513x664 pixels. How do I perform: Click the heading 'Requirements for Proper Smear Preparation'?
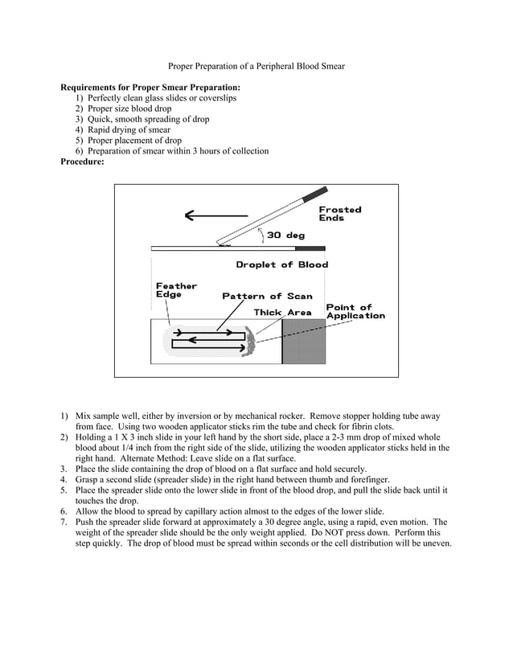pyautogui.click(x=150, y=87)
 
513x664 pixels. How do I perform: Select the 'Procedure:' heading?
pyautogui.click(x=82, y=162)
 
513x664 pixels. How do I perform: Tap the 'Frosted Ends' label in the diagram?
pyautogui.click(x=339, y=214)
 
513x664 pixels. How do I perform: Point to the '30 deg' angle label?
pyautogui.click(x=285, y=236)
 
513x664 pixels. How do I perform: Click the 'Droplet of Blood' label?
pyautogui.click(x=281, y=264)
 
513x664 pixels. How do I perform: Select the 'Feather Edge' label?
pyautogui.click(x=175, y=290)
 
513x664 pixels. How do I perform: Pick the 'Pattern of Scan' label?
pyautogui.click(x=267, y=296)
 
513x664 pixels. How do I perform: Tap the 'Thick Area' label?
pyautogui.click(x=282, y=312)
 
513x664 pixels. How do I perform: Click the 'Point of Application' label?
pyautogui.click(x=355, y=311)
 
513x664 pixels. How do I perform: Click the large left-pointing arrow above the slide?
pyautogui.click(x=215, y=215)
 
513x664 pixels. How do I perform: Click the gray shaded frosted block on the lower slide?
pyautogui.click(x=303, y=342)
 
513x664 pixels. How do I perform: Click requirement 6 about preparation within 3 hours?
pyautogui.click(x=172, y=151)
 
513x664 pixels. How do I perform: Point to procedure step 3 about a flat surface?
pyautogui.click(x=221, y=469)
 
